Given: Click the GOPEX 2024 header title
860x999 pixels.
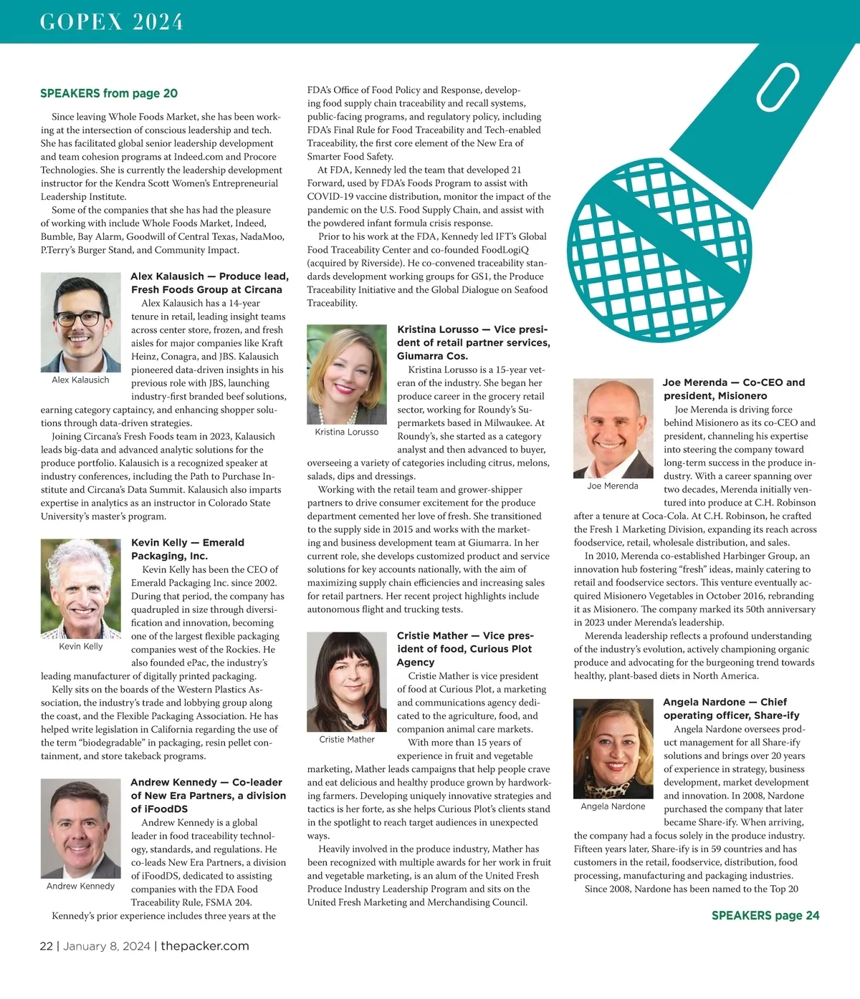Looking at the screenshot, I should point(112,22).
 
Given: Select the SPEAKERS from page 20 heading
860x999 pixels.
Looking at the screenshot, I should point(109,93).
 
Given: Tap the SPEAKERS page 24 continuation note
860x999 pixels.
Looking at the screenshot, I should point(765,915).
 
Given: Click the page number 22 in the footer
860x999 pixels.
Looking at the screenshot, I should point(46,946).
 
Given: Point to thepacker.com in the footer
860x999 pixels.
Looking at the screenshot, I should point(205,946).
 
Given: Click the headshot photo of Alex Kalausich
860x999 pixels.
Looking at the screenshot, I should point(80,322).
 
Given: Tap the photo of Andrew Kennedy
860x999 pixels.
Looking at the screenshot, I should point(80,829).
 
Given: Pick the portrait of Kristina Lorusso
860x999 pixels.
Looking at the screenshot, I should point(347,375).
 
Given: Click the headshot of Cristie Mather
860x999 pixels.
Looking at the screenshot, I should point(347,682).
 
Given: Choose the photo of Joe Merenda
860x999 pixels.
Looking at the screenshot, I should point(613,428).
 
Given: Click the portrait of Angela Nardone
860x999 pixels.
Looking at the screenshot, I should point(613,748).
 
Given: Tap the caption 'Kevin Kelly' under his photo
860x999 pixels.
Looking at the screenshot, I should point(80,646).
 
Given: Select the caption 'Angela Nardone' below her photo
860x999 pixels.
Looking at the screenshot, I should point(613,806).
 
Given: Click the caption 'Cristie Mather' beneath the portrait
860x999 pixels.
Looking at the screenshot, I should point(347,740).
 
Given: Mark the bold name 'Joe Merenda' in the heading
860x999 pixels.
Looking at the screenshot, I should point(694,382).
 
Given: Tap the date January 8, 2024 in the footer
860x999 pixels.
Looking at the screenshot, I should point(107,946).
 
